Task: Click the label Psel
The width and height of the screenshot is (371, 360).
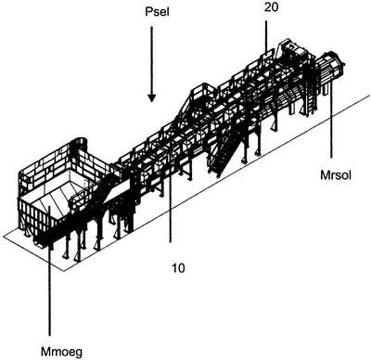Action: (x=157, y=12)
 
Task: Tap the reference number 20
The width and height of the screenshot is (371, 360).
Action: (x=271, y=7)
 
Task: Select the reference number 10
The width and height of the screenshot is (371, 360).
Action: (x=178, y=268)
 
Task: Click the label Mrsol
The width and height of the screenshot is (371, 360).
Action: (x=336, y=175)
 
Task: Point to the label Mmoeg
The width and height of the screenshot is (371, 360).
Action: (x=61, y=352)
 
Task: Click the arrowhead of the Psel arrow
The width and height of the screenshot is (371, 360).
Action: (x=151, y=97)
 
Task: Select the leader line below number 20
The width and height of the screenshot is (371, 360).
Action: (x=265, y=36)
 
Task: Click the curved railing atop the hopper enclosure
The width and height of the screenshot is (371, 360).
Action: (x=79, y=145)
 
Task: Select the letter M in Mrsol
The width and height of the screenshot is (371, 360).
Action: (x=325, y=175)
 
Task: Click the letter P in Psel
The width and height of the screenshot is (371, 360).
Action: (x=148, y=12)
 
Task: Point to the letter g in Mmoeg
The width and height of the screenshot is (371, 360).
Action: (x=79, y=354)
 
